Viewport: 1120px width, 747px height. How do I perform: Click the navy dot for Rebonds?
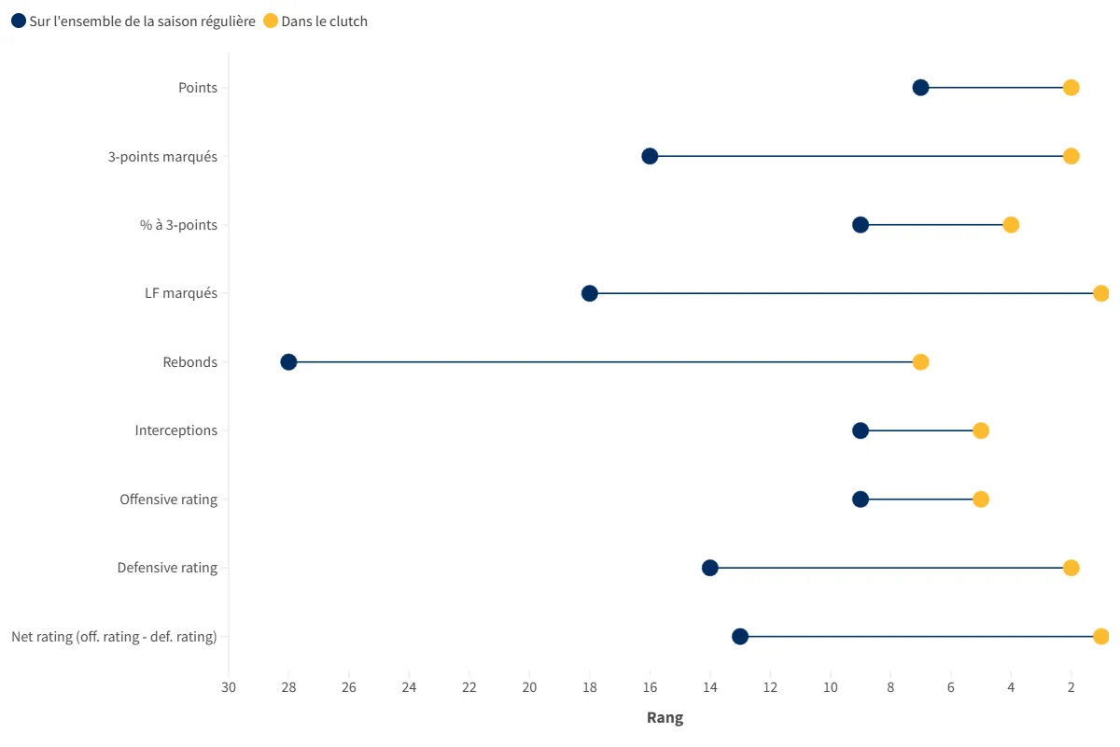click(288, 362)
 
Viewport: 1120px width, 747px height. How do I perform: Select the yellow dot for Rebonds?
click(920, 362)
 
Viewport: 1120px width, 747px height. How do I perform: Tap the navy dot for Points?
click(920, 88)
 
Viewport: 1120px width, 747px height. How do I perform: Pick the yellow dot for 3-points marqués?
click(1071, 156)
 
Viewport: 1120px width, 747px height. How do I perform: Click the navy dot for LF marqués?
click(590, 293)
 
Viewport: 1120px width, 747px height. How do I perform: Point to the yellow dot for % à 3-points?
click(1011, 225)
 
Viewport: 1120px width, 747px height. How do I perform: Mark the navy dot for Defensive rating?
click(710, 568)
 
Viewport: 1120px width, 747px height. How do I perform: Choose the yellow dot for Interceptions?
click(981, 430)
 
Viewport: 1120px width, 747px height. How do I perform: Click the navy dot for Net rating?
click(740, 637)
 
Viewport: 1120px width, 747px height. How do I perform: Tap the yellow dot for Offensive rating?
click(981, 500)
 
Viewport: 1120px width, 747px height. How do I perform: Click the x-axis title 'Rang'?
click(665, 718)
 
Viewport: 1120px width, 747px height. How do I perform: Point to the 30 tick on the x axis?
click(229, 687)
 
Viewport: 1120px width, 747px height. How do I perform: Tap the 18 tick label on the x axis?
click(590, 687)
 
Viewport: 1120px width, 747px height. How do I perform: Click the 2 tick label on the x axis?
click(1071, 687)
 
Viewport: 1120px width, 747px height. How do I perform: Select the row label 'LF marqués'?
click(175, 293)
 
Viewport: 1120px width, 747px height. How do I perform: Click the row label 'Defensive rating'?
click(167, 568)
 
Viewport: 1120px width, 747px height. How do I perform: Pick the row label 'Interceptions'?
click(175, 430)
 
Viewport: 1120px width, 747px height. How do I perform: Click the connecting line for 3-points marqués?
click(859, 156)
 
